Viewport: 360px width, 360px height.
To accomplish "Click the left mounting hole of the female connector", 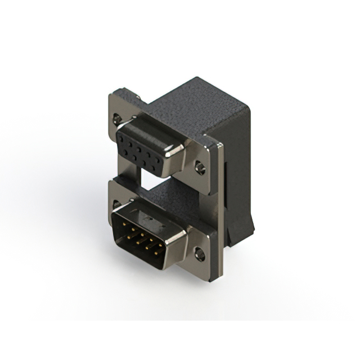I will pyautogui.click(x=117, y=119).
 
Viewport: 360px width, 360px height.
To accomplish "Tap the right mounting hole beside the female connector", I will pyautogui.click(x=200, y=167).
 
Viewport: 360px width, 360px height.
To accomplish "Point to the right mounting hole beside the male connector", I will pyautogui.click(x=199, y=254).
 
